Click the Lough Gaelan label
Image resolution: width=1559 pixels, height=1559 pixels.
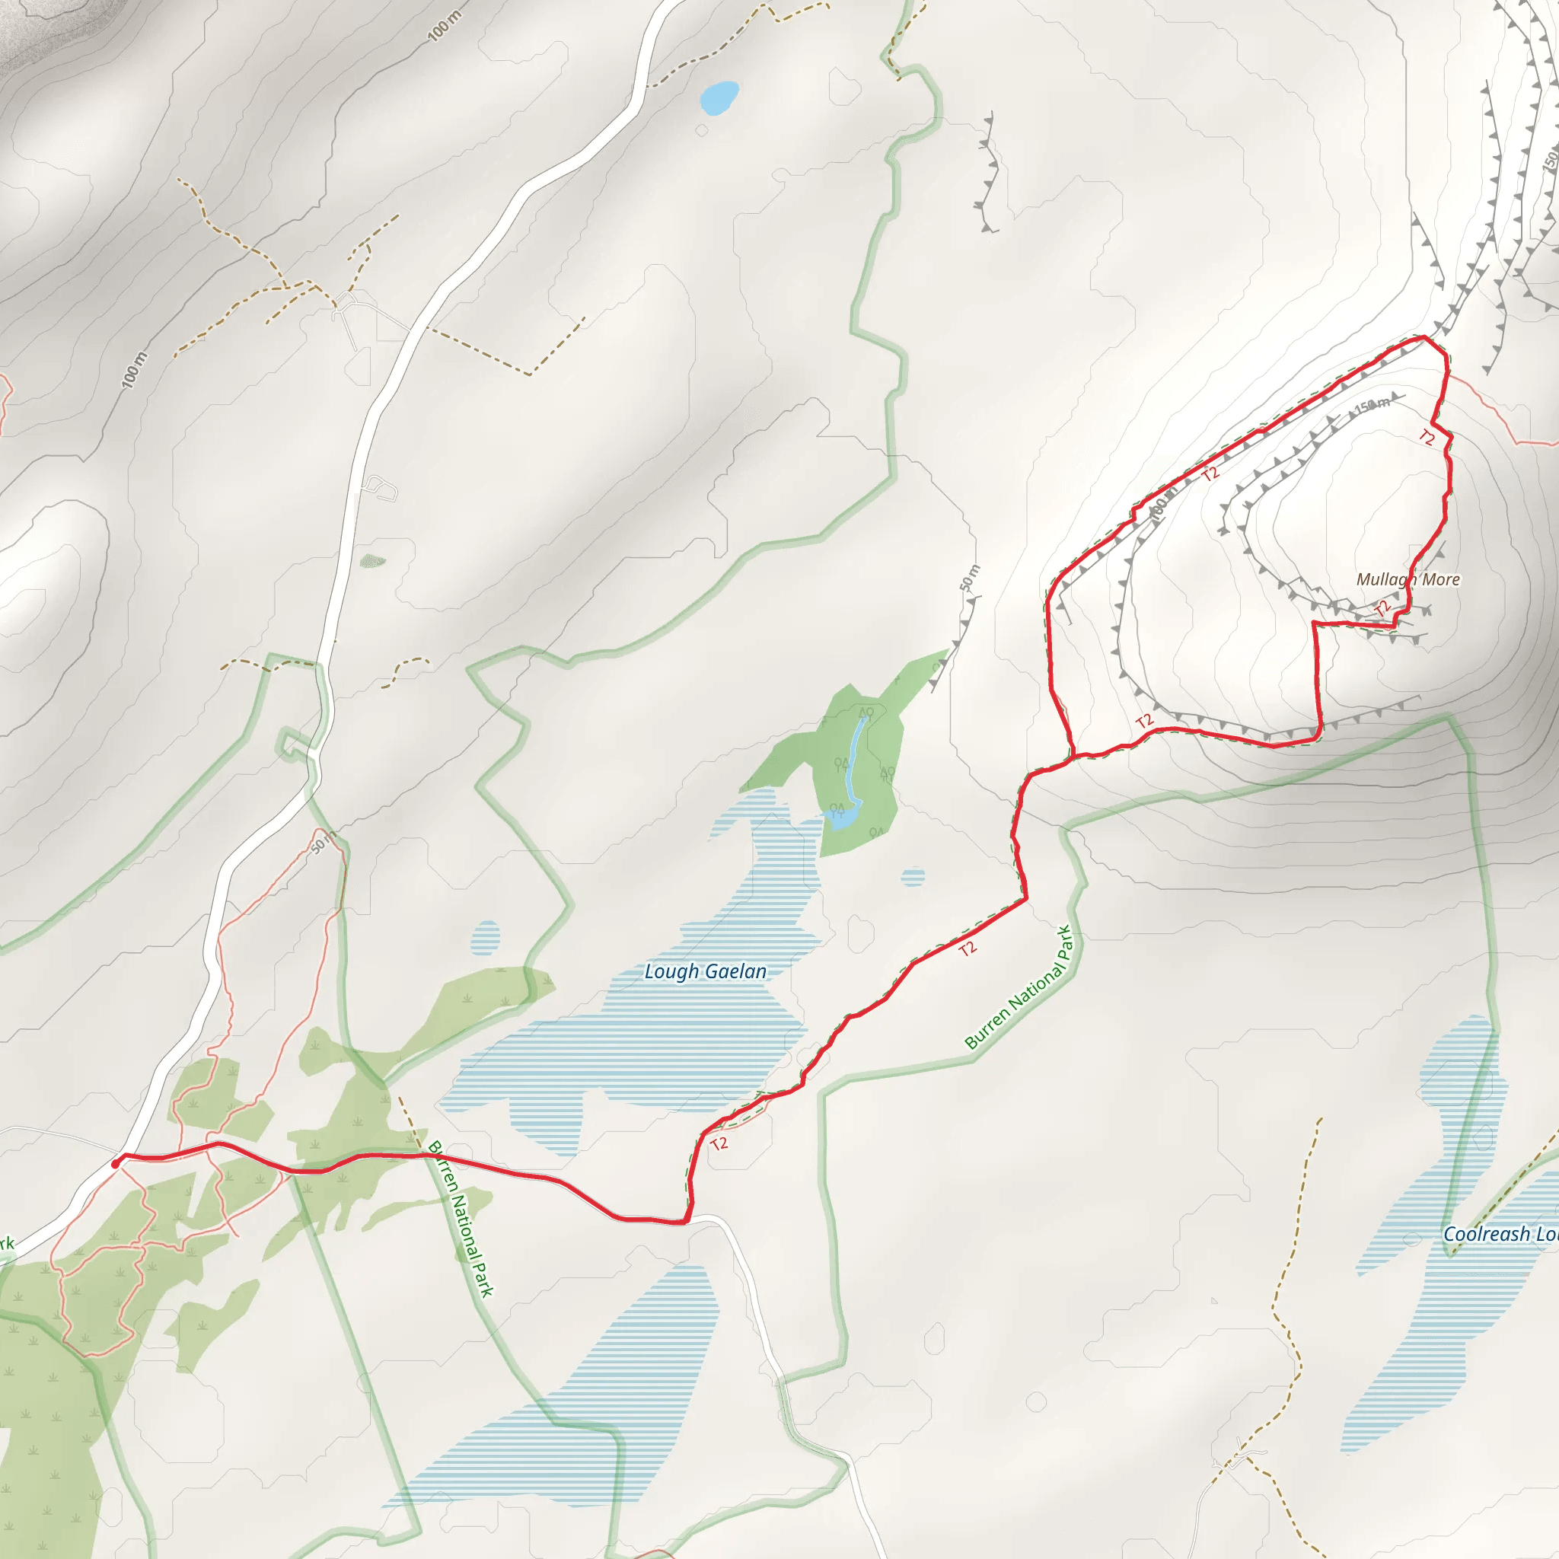click(705, 971)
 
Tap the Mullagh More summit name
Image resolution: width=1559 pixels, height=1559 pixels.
click(1408, 579)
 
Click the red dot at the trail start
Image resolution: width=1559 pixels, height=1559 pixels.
click(116, 1164)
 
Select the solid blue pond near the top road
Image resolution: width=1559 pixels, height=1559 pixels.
click(719, 97)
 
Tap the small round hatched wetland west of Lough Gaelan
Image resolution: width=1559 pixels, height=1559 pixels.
click(485, 938)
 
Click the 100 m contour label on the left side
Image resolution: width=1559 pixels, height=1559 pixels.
click(135, 371)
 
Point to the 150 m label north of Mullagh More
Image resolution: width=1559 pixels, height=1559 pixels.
click(1372, 405)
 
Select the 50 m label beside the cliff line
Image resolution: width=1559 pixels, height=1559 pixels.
click(969, 578)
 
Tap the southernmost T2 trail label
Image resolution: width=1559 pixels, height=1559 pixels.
click(719, 1143)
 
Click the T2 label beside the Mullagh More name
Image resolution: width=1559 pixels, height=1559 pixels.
click(1383, 607)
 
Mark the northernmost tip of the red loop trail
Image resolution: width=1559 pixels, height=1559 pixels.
click(1424, 337)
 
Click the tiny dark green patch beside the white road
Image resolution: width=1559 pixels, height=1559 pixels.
click(372, 561)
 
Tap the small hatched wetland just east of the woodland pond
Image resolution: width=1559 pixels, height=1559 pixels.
click(913, 877)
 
